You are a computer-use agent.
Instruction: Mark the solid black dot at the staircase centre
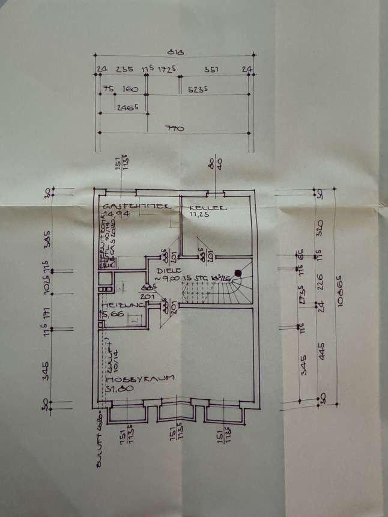238,274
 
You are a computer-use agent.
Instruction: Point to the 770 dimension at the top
174,128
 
